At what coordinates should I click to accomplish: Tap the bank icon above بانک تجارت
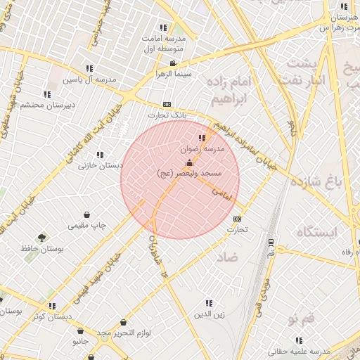tap(167, 104)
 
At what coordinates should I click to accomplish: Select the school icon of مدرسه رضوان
tap(202, 138)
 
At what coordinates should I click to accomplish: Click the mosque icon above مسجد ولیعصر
tap(188, 163)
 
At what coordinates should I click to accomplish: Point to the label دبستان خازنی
tap(101, 166)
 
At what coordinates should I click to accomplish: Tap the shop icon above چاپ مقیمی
tap(86, 215)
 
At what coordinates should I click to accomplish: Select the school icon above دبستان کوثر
tap(52, 306)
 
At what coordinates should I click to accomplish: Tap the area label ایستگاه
tap(317, 231)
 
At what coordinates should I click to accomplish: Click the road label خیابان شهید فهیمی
tap(102, 269)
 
